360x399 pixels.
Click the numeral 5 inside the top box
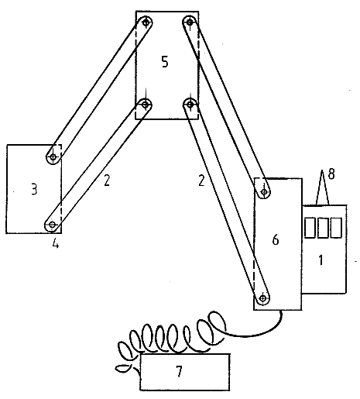[x=165, y=62]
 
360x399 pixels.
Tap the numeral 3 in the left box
[x=34, y=189]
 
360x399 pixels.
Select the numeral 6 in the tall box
[x=276, y=239]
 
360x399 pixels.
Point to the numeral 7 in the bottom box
[x=179, y=372]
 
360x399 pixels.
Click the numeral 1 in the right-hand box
[x=321, y=260]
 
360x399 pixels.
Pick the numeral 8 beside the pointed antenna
[x=331, y=174]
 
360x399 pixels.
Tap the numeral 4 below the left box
[x=56, y=243]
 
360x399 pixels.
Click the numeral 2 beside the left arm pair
[x=107, y=180]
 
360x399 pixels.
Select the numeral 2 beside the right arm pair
[x=201, y=180]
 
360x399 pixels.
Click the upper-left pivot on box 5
[x=146, y=22]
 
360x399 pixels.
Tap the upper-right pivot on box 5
[x=190, y=22]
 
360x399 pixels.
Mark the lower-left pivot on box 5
[x=146, y=105]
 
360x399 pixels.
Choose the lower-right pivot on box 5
[x=190, y=105]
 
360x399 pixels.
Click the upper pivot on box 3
[x=53, y=157]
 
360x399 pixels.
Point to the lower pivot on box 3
[x=53, y=225]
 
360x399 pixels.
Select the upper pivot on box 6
[x=264, y=191]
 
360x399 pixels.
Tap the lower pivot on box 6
[x=263, y=298]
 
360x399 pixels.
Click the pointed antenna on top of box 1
[x=322, y=187]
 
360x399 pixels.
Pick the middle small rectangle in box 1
[x=323, y=228]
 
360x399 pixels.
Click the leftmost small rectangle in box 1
[x=310, y=228]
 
